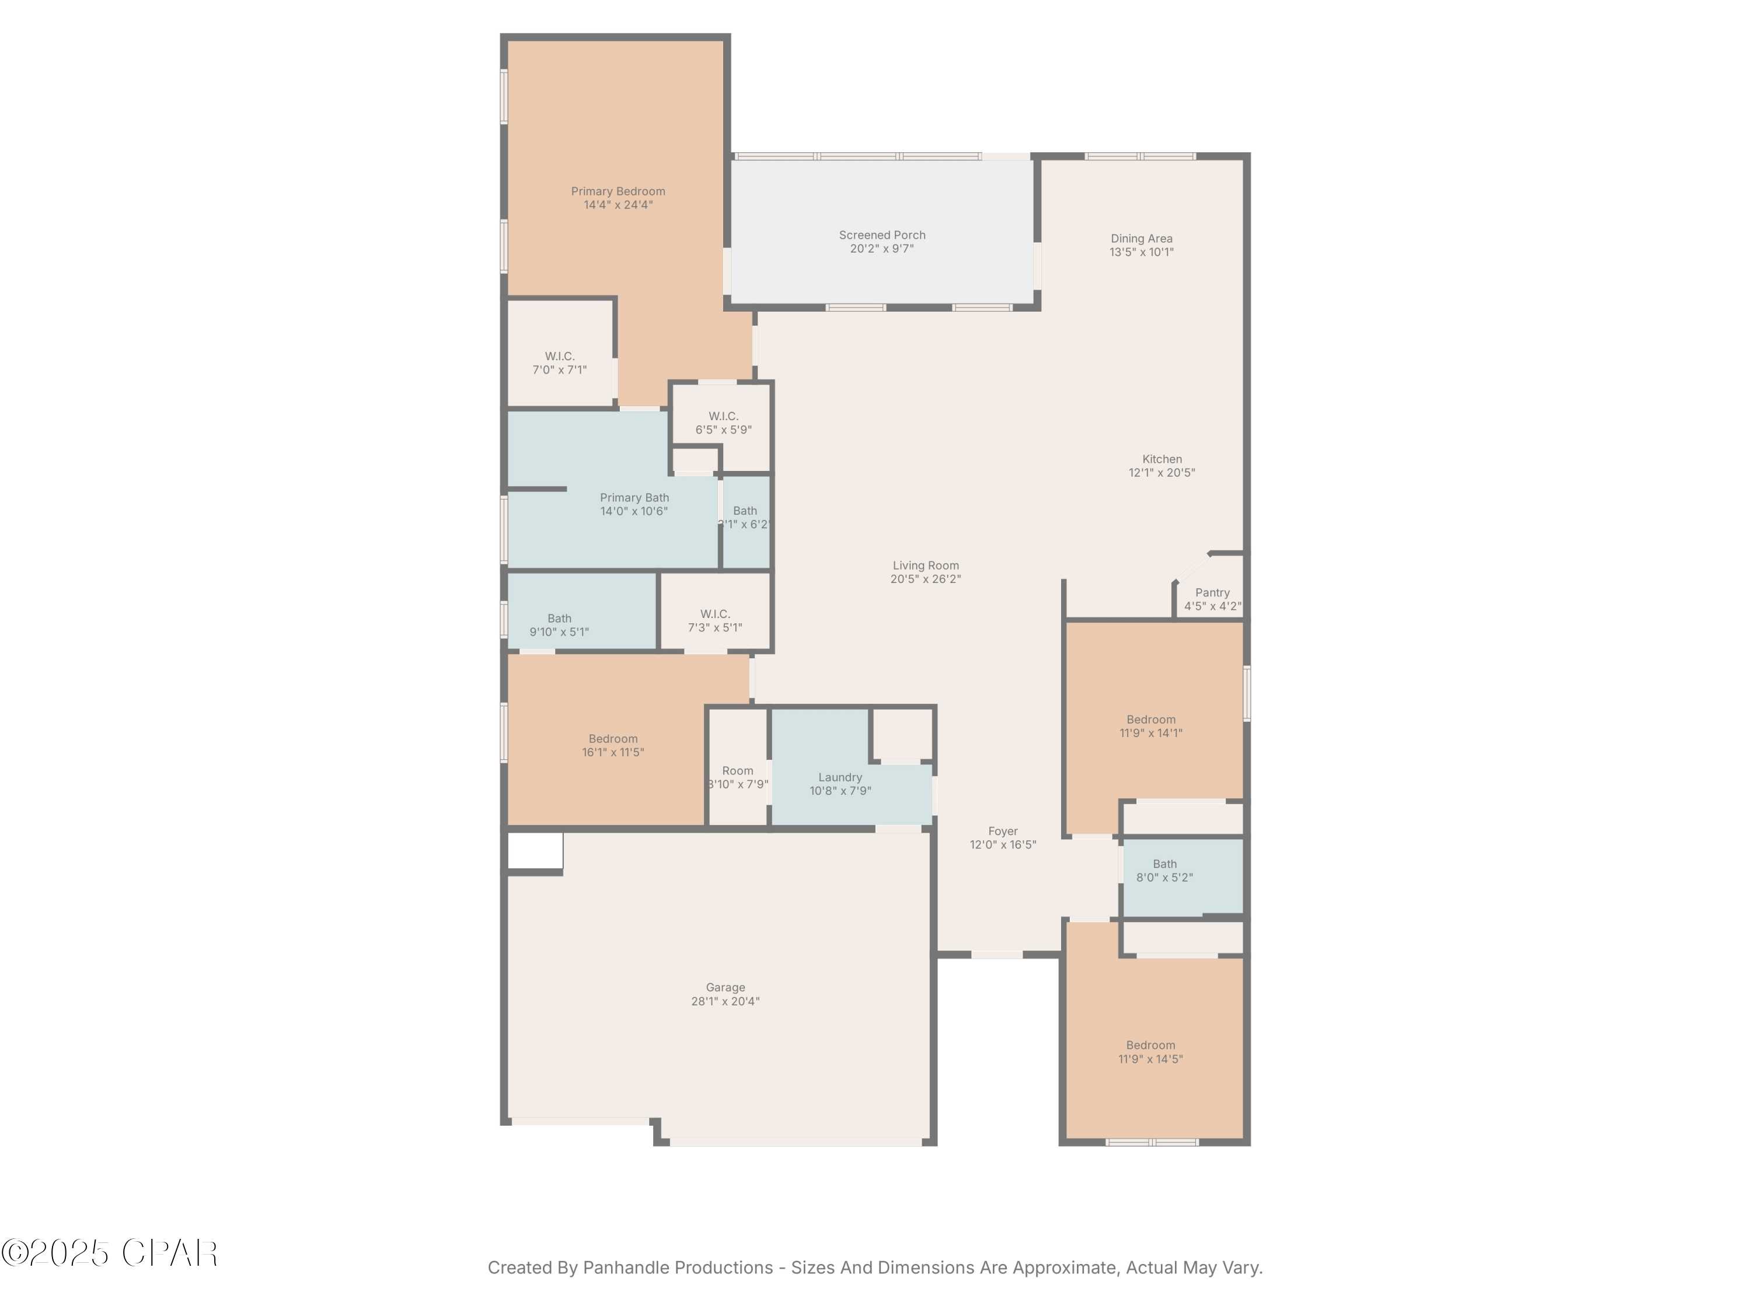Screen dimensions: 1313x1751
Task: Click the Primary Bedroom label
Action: [x=618, y=191]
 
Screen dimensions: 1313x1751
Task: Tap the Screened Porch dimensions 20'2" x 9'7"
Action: [x=882, y=249]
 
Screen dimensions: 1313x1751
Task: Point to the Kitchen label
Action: [x=1161, y=459]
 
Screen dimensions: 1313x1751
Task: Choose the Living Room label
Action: [x=925, y=565]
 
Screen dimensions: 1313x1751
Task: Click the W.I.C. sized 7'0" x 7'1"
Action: [x=560, y=362]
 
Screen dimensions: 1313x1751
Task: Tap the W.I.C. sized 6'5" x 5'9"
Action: [x=723, y=422]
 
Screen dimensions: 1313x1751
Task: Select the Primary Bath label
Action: [x=634, y=498]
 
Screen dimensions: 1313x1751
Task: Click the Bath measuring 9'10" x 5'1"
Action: [x=559, y=625]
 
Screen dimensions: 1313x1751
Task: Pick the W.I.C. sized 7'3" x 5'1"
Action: [x=715, y=620]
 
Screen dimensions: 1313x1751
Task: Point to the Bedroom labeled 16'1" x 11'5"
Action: [x=613, y=745]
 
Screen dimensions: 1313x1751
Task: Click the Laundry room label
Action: [x=840, y=777]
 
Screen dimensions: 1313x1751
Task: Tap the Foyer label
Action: [x=1002, y=831]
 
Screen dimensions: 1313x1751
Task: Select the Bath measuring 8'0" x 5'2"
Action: [x=1164, y=871]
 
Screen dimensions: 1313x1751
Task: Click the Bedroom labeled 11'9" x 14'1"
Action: [x=1150, y=726]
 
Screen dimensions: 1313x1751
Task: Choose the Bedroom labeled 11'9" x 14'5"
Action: [x=1150, y=1052]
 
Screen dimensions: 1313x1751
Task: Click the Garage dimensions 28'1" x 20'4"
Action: [x=725, y=1001]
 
